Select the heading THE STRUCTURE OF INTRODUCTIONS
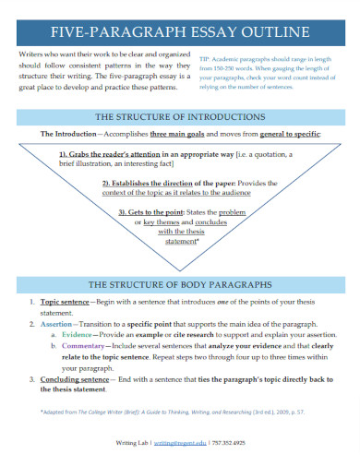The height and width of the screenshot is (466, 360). [180, 116]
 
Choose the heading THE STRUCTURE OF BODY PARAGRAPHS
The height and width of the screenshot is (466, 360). [180, 283]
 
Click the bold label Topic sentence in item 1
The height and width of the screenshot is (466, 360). [65, 302]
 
